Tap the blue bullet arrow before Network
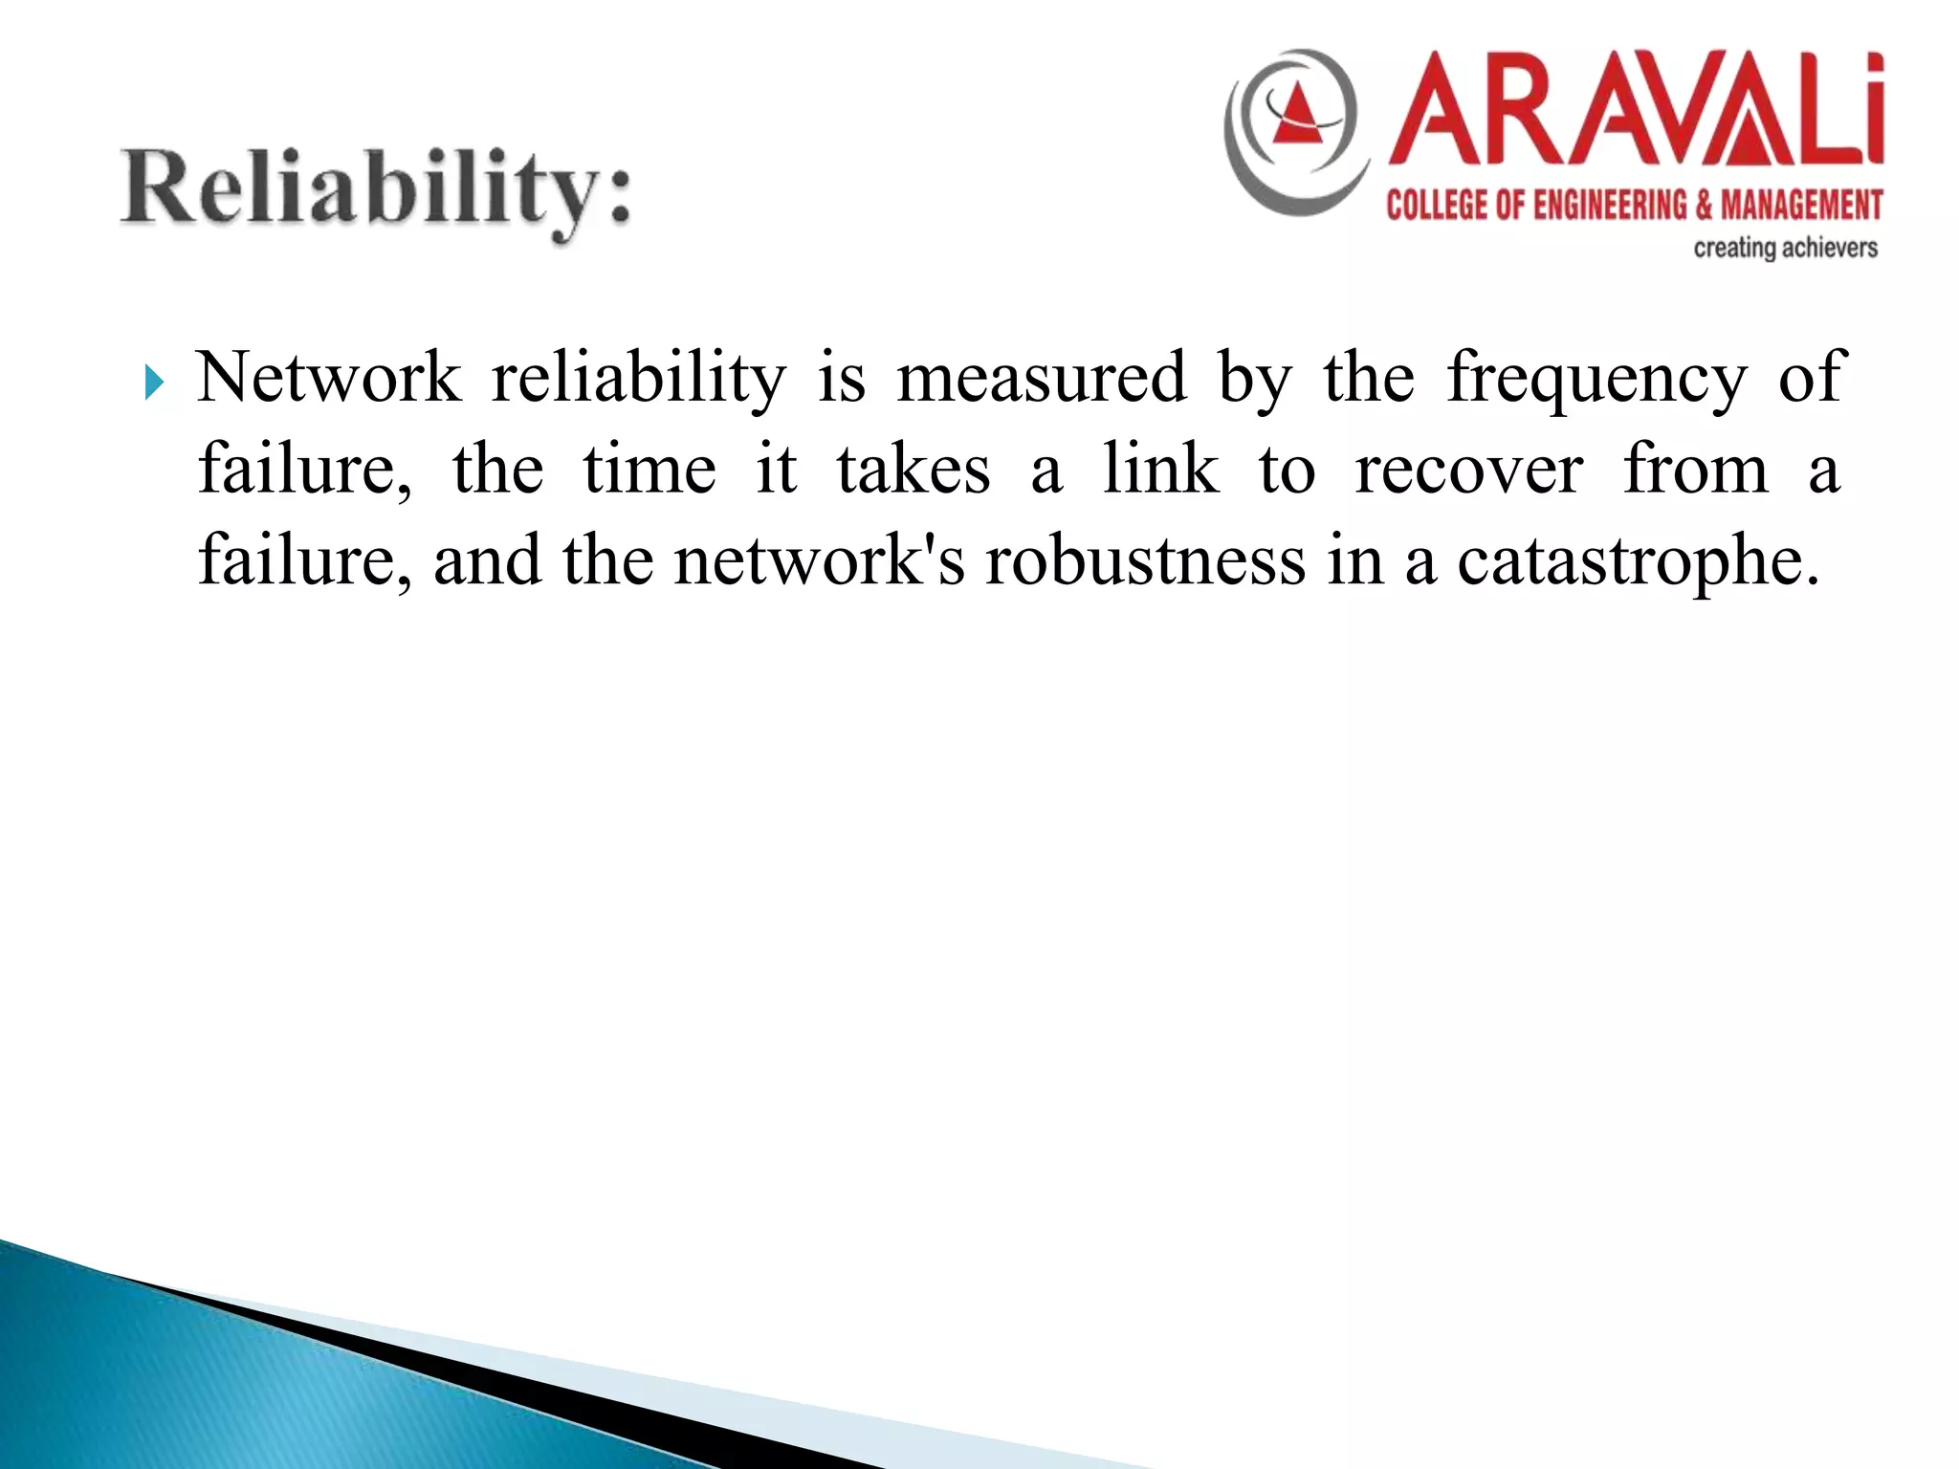tap(154, 384)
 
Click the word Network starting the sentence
tap(329, 378)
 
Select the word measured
tap(1042, 378)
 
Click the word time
tap(649, 470)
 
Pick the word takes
tap(913, 470)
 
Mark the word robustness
tap(1146, 560)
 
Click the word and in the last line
tap(487, 560)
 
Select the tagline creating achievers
tap(1785, 249)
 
